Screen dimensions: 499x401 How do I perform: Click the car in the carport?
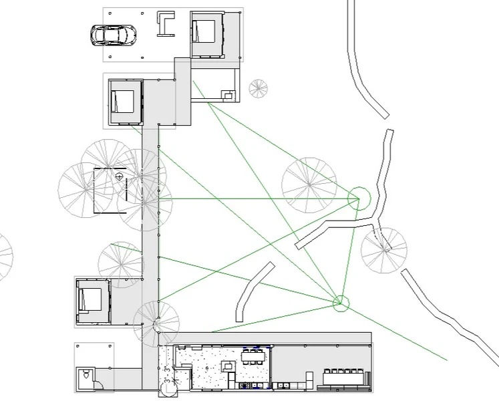pyautogui.click(x=114, y=34)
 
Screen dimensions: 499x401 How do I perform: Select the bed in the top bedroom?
pyautogui.click(x=204, y=31)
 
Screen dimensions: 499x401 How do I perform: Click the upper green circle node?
pyautogui.click(x=359, y=197)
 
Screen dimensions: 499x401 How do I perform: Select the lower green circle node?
pyautogui.click(x=341, y=303)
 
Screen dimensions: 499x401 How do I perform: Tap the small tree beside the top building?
pyautogui.click(x=258, y=88)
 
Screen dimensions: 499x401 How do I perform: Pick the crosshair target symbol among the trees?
pyautogui.click(x=119, y=176)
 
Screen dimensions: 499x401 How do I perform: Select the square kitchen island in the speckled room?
pyautogui.click(x=228, y=366)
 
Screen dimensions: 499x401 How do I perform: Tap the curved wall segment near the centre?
pyautogui.click(x=253, y=291)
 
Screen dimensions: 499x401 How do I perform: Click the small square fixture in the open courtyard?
pyautogui.click(x=229, y=96)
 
